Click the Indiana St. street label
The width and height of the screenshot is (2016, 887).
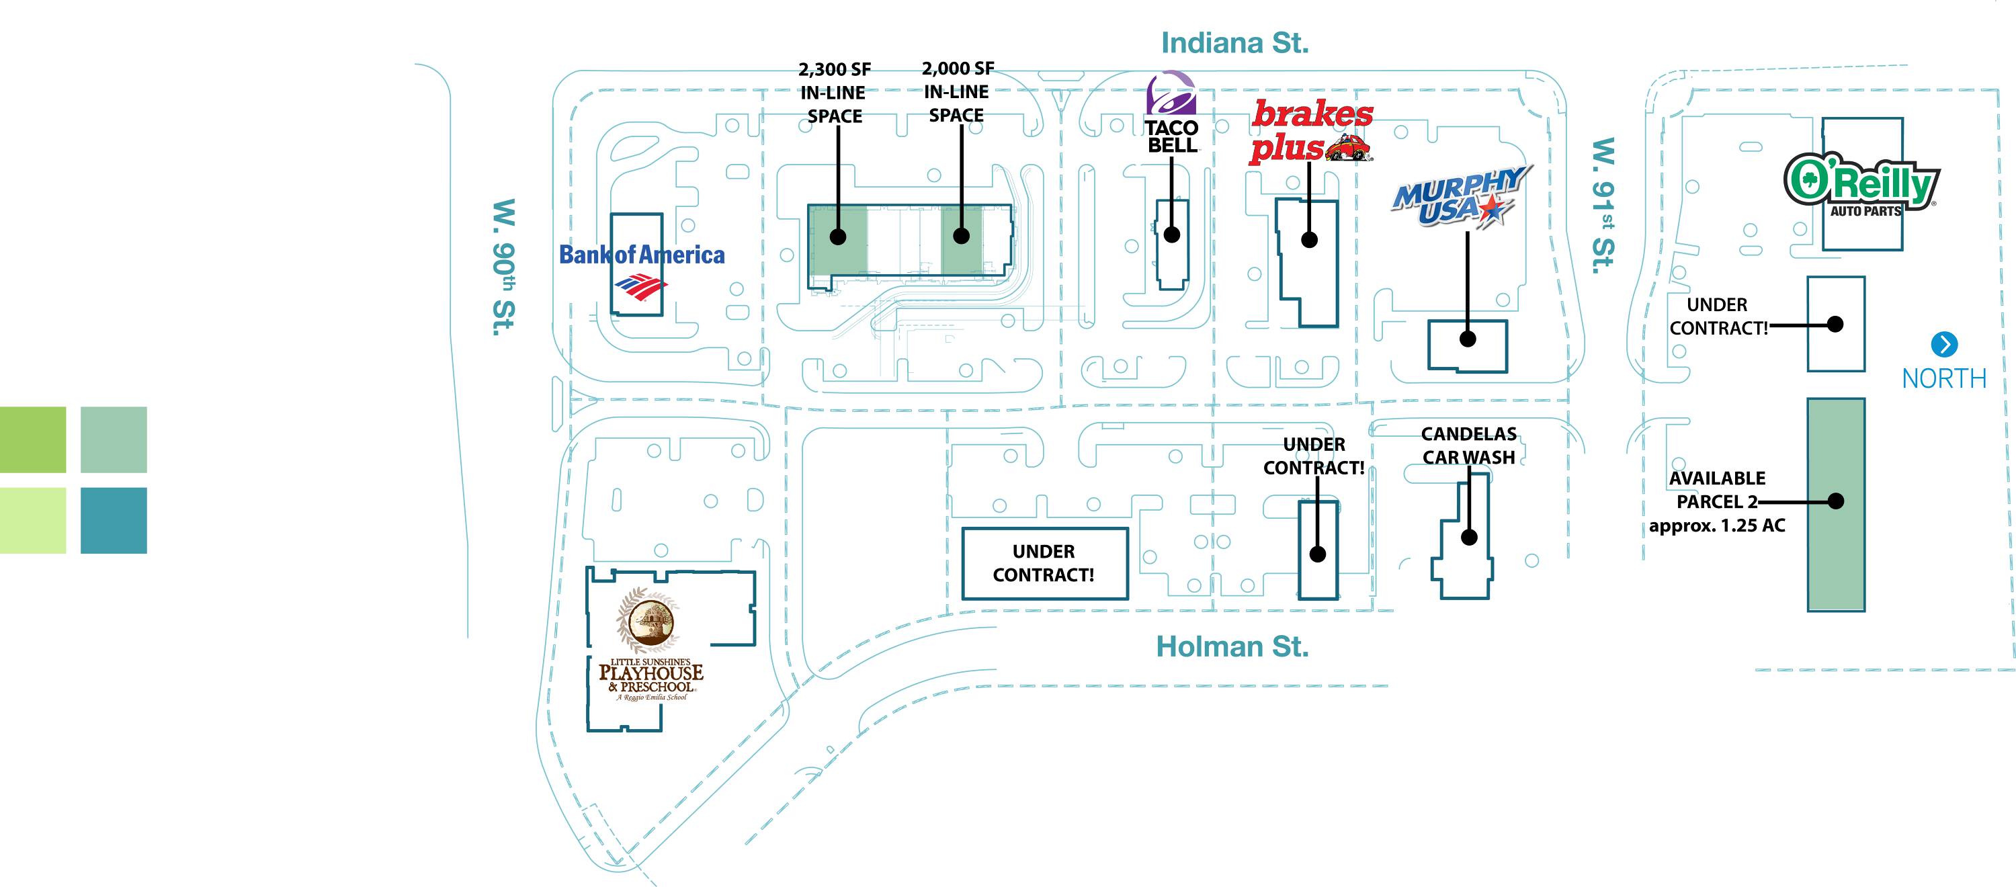coord(1234,43)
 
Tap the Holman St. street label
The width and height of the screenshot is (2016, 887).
coord(1232,646)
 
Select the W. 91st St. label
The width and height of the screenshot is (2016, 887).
coord(1603,206)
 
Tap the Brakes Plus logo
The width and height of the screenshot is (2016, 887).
coord(1311,131)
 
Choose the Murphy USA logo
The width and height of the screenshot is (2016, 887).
coord(1460,196)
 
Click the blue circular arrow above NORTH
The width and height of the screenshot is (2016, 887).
coord(1944,345)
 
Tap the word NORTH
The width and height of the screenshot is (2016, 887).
coord(1944,379)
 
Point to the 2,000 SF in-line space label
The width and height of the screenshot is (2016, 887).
coord(957,92)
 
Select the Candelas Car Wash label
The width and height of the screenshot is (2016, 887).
coord(1469,446)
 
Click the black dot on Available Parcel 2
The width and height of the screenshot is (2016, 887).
coord(1836,501)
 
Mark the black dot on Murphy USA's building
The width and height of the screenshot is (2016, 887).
coord(1468,339)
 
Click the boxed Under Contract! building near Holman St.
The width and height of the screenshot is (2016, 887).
coord(1044,564)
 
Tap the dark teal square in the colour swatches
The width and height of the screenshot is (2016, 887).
coord(114,521)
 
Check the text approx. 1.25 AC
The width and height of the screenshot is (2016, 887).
coord(1717,525)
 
